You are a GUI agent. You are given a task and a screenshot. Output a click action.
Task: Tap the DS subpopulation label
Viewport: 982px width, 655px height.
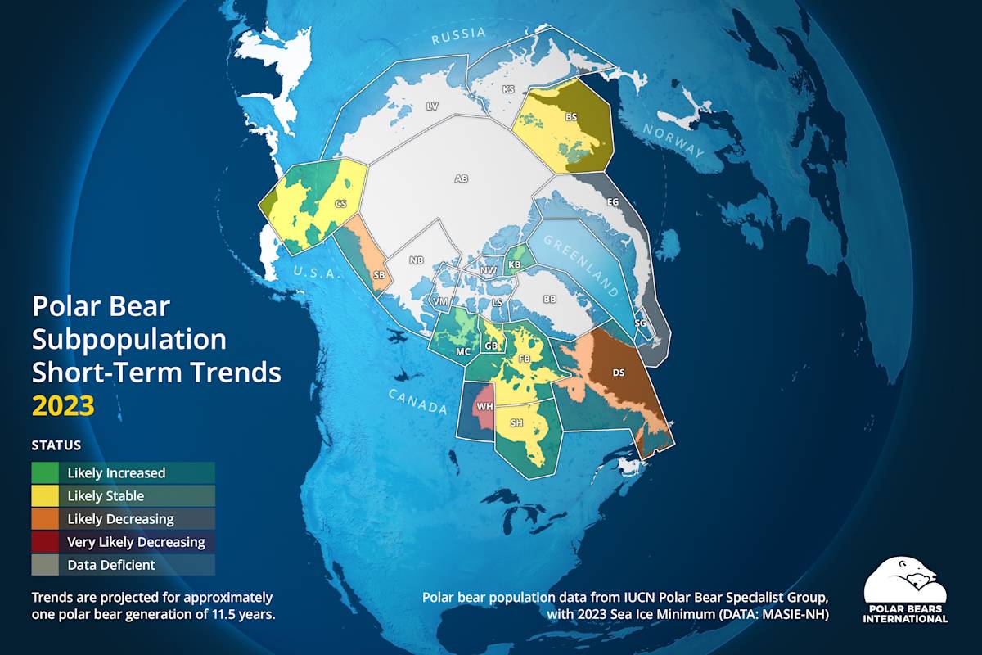click(x=619, y=373)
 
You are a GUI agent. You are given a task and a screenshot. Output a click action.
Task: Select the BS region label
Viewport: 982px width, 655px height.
click(x=571, y=117)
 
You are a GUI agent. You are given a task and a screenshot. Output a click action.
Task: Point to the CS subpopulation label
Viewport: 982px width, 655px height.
click(x=341, y=202)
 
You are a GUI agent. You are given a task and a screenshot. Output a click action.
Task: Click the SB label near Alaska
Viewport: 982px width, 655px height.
click(x=379, y=274)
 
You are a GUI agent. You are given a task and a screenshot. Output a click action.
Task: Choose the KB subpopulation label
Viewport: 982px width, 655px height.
click(x=514, y=264)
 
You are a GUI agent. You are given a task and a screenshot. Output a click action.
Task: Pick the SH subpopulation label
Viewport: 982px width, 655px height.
click(x=516, y=423)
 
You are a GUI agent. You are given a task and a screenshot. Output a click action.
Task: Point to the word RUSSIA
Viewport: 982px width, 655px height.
click(x=458, y=35)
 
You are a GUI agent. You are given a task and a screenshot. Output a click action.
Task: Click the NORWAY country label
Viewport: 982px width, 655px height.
click(x=673, y=140)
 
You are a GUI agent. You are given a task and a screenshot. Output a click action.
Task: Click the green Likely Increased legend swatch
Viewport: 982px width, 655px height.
click(x=45, y=472)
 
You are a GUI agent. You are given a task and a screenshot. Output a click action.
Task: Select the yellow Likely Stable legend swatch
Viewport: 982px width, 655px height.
click(x=45, y=495)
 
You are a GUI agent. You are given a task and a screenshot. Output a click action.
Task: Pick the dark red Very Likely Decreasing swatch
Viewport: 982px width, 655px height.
click(x=45, y=541)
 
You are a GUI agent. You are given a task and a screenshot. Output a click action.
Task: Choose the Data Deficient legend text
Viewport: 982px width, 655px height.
click(x=111, y=565)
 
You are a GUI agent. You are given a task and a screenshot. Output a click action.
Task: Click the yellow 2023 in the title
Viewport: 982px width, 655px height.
click(x=63, y=406)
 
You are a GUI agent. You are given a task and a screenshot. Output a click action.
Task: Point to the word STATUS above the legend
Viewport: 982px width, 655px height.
click(x=56, y=446)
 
